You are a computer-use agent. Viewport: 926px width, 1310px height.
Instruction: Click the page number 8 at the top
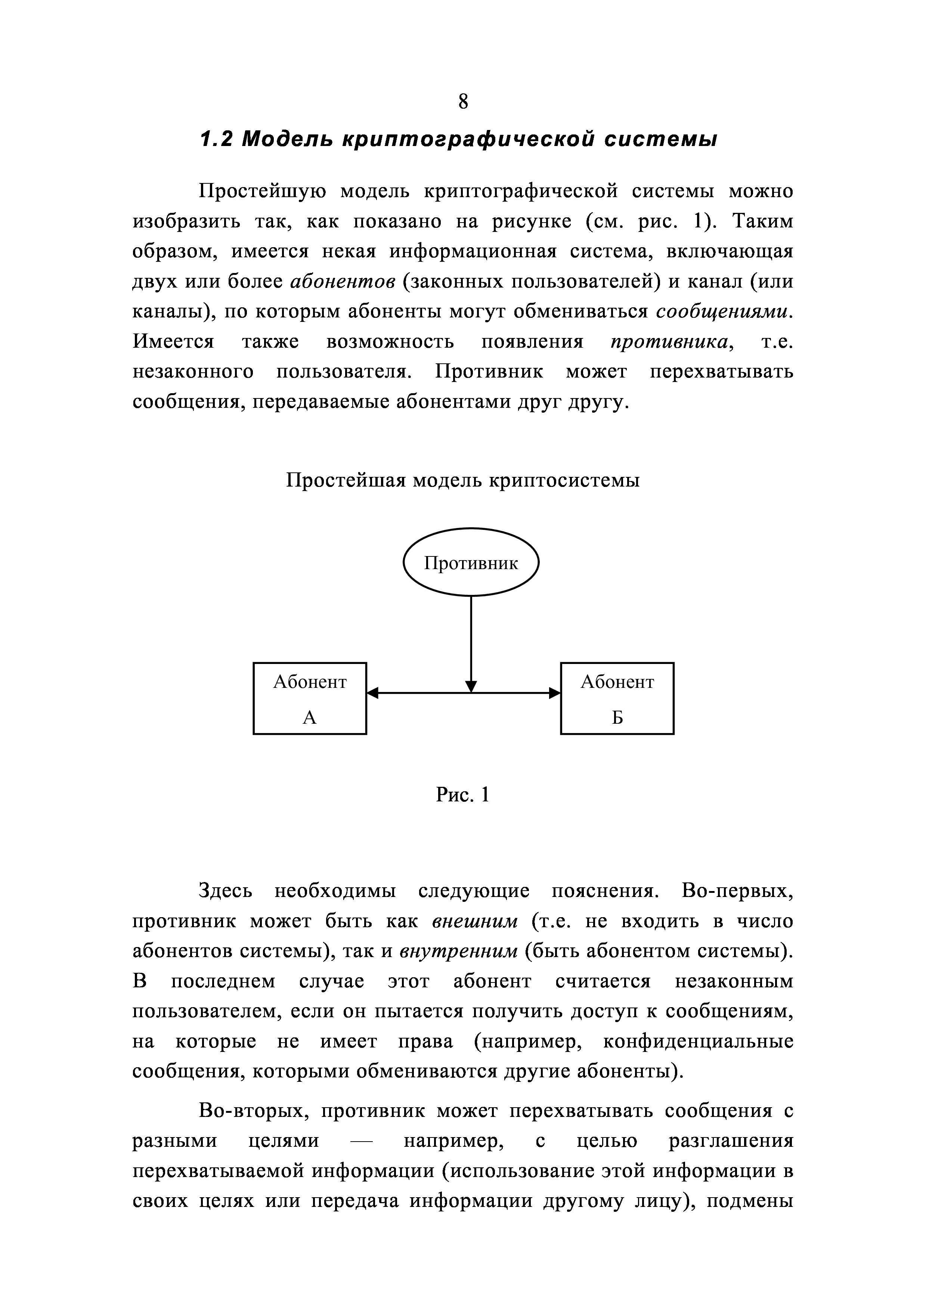point(463,102)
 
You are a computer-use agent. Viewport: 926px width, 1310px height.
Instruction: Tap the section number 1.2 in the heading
point(215,139)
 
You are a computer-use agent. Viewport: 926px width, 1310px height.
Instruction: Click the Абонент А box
point(310,698)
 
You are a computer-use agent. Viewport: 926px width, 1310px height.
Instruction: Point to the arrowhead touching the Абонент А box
point(372,693)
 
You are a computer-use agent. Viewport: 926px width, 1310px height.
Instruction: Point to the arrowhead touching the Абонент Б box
point(555,693)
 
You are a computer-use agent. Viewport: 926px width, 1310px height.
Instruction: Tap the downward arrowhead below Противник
point(471,686)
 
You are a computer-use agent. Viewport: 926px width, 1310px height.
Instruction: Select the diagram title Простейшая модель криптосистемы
point(463,480)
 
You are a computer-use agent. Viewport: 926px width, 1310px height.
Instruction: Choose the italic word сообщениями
point(724,311)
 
